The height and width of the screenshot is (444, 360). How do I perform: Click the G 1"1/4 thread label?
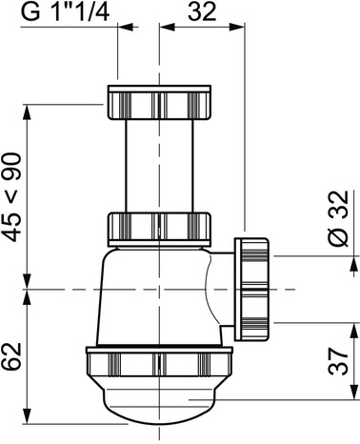pyautogui.click(x=63, y=12)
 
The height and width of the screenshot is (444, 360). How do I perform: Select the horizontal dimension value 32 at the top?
pyautogui.click(x=202, y=12)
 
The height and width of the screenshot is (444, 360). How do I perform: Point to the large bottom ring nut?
pyautogui.click(x=159, y=364)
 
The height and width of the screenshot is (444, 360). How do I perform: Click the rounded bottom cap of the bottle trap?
pyautogui.click(x=159, y=404)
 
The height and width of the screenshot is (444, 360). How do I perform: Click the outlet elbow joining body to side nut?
pyautogui.click(x=222, y=286)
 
